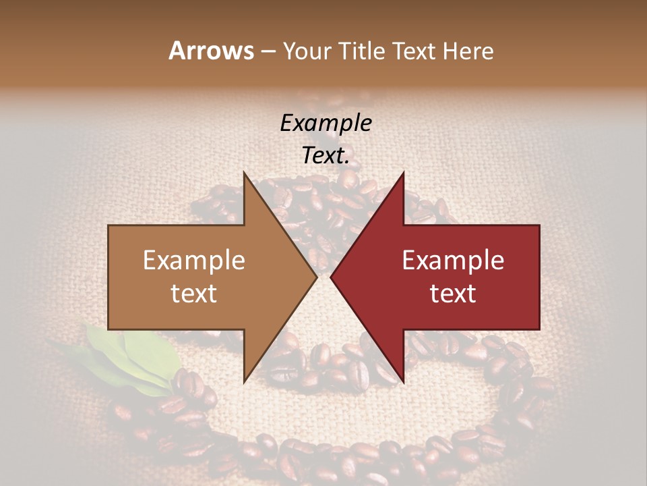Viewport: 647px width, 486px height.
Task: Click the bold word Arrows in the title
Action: click(211, 51)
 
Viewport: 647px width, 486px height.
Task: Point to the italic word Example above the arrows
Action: click(326, 123)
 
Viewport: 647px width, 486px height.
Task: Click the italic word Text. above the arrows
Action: click(326, 155)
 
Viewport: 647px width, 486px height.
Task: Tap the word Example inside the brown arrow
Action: click(194, 261)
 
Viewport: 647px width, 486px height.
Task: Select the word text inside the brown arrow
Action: click(194, 294)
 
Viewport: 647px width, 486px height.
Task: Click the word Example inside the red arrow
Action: click(453, 261)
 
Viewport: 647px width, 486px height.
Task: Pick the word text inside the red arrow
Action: click(453, 294)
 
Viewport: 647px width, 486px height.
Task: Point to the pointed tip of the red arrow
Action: click(331, 277)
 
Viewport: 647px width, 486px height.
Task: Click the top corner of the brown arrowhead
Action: click(244, 173)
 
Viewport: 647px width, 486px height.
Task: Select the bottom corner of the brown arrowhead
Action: click(244, 382)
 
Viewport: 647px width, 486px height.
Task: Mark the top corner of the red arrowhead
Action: click(403, 173)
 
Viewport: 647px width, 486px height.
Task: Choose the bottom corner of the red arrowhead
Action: click(403, 382)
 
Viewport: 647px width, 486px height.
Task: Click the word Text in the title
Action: click(415, 51)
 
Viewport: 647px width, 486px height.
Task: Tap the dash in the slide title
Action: click(267, 52)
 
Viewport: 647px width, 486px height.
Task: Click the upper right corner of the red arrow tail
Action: click(539, 225)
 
